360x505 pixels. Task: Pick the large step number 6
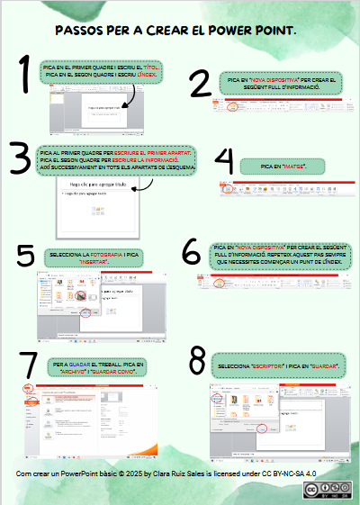192,250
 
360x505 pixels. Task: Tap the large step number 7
31,364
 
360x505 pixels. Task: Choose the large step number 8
194,363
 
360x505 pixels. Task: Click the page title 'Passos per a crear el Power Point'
175,31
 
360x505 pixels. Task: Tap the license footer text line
166,473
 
